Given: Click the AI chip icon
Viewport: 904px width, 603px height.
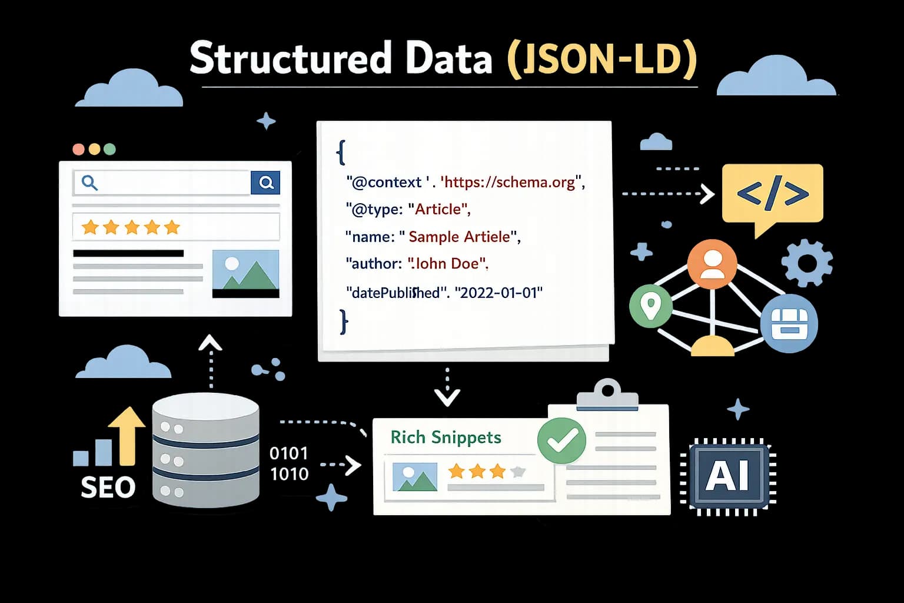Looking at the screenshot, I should (729, 476).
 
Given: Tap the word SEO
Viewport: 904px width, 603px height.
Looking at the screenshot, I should (108, 488).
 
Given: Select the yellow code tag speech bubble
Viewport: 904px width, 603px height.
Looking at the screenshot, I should (772, 194).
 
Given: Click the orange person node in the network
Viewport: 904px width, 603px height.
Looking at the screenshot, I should (712, 264).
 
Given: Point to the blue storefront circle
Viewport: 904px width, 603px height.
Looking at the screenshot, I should (789, 323).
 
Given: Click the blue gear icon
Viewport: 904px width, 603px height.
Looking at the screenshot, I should (807, 263).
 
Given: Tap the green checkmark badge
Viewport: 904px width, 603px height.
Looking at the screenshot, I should (561, 440).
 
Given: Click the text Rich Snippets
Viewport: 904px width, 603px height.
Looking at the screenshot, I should (446, 437).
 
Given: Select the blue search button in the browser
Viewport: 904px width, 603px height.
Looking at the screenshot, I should (265, 183).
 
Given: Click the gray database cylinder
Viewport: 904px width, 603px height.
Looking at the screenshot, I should (205, 450).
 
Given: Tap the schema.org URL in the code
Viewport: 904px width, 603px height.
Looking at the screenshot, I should (510, 182).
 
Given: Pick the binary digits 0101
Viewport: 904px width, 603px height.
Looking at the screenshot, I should (288, 453).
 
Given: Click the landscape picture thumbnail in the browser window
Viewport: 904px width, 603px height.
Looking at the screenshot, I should (245, 273).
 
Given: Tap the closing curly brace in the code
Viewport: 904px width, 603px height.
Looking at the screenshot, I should (344, 322).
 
